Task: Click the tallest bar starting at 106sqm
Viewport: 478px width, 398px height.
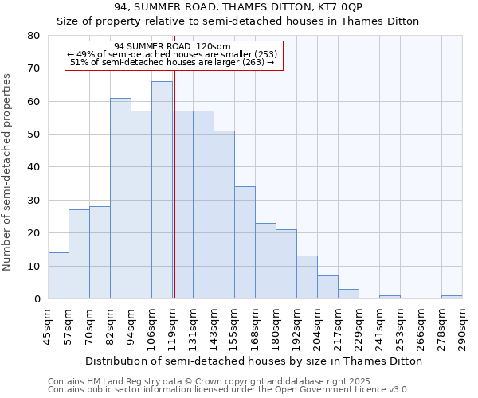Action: pos(162,190)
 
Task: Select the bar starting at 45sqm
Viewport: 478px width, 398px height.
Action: pos(58,275)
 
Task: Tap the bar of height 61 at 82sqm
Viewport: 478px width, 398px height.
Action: pos(120,198)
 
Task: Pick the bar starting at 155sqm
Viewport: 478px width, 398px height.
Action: pos(245,243)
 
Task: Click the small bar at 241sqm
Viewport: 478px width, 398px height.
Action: pos(390,297)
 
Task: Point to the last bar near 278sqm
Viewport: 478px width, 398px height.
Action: pos(452,297)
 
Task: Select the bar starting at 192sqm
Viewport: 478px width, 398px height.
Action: pos(307,277)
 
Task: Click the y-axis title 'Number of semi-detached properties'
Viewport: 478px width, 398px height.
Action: pos(7,172)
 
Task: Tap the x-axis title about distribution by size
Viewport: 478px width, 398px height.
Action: pos(253,361)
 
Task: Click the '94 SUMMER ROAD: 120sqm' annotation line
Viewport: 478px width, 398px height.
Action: pos(172,46)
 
